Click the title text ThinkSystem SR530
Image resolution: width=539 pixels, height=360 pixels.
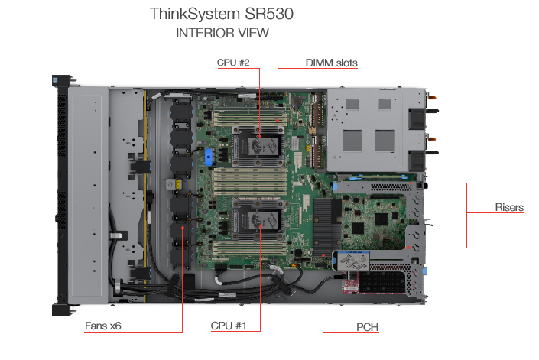pos(222,14)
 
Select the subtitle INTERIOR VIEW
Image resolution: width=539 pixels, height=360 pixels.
pos(222,33)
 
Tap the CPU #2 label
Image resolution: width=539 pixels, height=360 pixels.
pos(233,63)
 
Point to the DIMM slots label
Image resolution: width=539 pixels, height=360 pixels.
pos(331,63)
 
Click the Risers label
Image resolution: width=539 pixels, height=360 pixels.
pos(509,207)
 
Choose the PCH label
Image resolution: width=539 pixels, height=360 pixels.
pos(367,327)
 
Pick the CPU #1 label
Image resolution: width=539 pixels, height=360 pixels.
pos(229,326)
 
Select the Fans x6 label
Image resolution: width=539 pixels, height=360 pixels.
pos(102,326)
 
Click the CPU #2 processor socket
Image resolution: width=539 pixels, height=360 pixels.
pos(258,147)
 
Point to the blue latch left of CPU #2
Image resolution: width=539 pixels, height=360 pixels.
pos(209,157)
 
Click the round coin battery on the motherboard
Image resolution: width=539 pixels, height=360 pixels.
pos(296,101)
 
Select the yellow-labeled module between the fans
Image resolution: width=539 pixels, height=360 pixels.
pos(174,184)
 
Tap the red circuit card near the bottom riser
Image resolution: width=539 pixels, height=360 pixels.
pos(350,282)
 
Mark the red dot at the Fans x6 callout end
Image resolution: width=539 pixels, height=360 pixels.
pos(183,228)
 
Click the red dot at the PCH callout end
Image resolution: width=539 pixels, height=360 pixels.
pos(323,255)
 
